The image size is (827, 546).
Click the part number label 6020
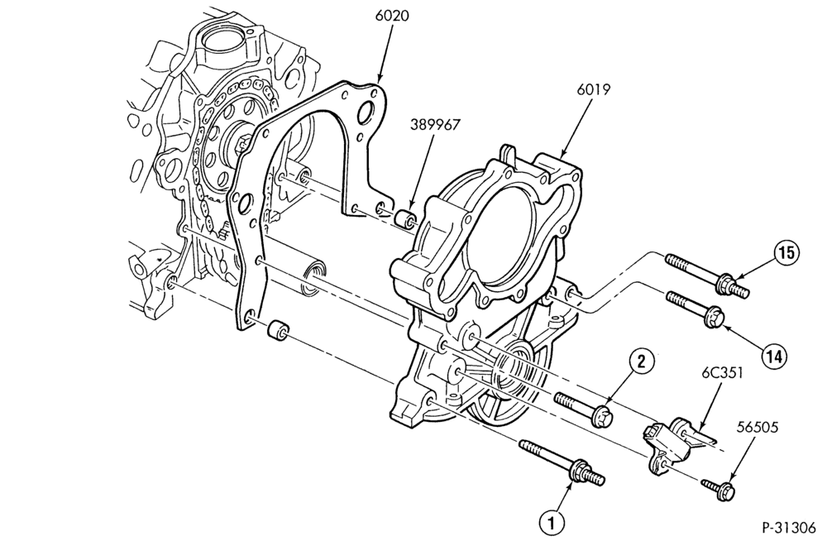392,16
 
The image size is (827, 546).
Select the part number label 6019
595,89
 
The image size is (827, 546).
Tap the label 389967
435,124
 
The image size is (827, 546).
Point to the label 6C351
722,373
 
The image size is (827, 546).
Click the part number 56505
758,427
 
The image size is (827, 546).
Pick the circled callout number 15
786,254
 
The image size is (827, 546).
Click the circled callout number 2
642,362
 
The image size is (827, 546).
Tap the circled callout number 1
552,524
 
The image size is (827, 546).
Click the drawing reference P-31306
788,528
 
